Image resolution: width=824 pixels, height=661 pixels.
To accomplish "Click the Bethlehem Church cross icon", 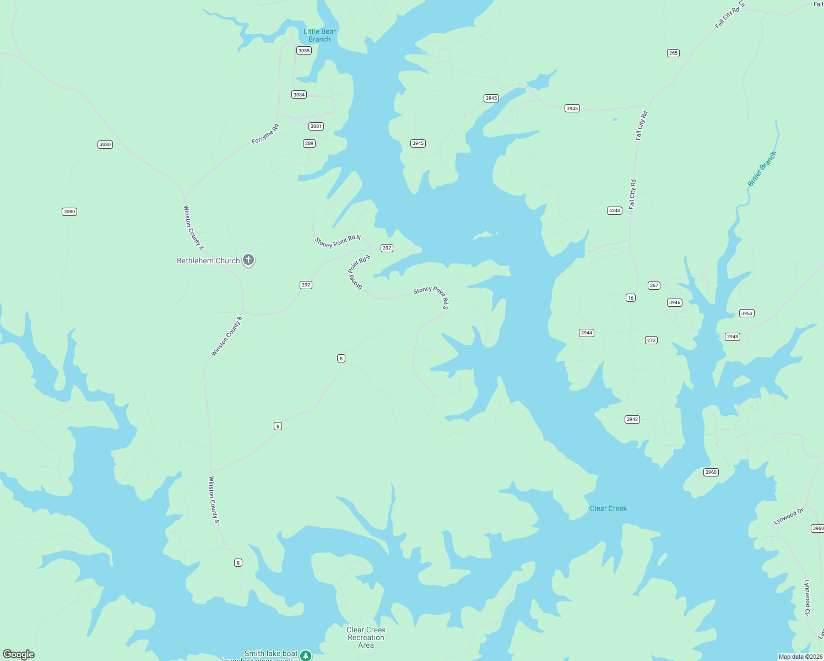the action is click(248, 260).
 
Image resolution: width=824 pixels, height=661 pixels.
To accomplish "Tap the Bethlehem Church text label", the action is click(208, 261).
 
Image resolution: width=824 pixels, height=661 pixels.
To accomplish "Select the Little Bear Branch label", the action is click(319, 35).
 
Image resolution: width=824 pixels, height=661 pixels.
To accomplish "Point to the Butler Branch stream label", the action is click(762, 169).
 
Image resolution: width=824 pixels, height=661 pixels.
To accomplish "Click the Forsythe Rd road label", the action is click(265, 134).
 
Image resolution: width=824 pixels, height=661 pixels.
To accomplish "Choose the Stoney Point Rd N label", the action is click(338, 241).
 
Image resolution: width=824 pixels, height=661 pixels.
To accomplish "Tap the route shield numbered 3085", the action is click(304, 51).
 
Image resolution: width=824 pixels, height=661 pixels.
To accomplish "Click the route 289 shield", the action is click(309, 144).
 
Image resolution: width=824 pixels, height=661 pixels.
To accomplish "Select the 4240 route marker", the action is click(615, 210).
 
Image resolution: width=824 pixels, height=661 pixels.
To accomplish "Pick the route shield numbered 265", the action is click(673, 53).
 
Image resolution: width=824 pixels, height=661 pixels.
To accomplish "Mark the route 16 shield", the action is click(631, 298).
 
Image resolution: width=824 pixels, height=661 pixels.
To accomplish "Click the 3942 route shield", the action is click(632, 420).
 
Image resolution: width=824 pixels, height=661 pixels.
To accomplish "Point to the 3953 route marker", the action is click(747, 313).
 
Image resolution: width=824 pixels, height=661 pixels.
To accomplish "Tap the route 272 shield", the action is click(652, 340).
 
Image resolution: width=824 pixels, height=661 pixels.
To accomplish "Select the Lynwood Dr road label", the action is click(789, 517).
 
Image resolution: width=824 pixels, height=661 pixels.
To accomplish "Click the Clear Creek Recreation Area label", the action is click(366, 637).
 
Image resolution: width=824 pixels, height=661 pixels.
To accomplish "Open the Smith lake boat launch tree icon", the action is click(306, 655).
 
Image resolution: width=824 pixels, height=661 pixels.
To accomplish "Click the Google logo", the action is click(19, 654).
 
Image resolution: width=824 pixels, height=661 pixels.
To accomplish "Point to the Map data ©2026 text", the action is click(800, 657).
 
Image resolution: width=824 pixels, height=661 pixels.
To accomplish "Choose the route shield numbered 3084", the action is click(299, 95).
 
